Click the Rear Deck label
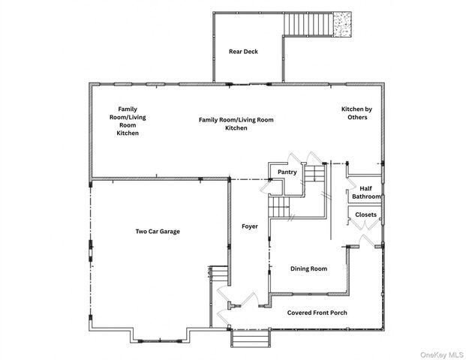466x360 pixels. pyautogui.click(x=244, y=52)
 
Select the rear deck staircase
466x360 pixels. pyautogui.click(x=308, y=24)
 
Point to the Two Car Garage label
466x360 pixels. pyautogui.click(x=158, y=231)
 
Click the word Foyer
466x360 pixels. pyautogui.click(x=250, y=226)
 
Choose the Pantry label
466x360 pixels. pyautogui.click(x=287, y=172)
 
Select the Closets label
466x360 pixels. pyautogui.click(x=366, y=214)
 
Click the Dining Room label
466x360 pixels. pyautogui.click(x=308, y=268)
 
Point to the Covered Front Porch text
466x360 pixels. pyautogui.click(x=317, y=313)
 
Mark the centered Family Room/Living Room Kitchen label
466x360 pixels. pyautogui.click(x=236, y=124)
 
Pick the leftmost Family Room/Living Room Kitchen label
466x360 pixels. pyautogui.click(x=128, y=121)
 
